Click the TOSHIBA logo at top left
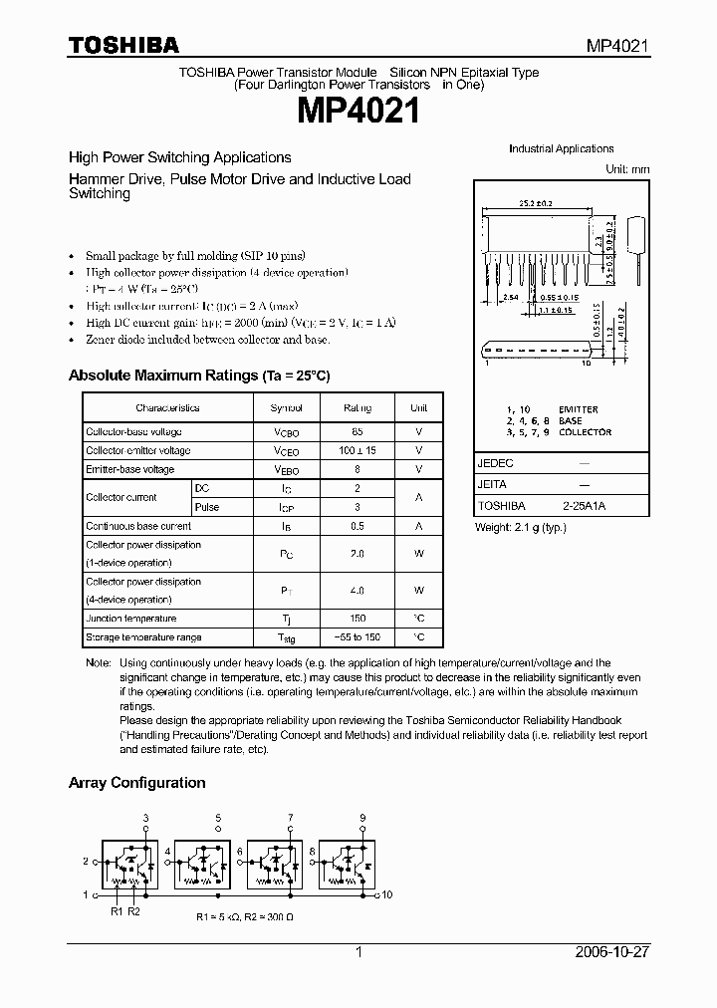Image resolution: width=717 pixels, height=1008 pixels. pyautogui.click(x=123, y=45)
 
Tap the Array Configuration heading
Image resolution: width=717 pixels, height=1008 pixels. pyautogui.click(x=136, y=783)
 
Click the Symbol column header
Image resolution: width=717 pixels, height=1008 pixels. pyautogui.click(x=286, y=408)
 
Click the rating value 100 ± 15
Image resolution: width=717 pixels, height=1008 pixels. pyautogui.click(x=357, y=451)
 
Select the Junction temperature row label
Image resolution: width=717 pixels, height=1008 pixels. pyautogui.click(x=130, y=619)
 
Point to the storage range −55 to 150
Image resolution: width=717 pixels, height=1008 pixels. pyautogui.click(x=357, y=637)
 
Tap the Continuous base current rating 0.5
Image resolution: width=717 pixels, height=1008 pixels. pyautogui.click(x=357, y=526)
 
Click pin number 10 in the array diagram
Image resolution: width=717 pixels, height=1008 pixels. pyautogui.click(x=386, y=894)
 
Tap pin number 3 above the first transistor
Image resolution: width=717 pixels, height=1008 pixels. pyautogui.click(x=146, y=818)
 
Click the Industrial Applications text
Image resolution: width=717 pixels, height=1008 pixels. pyautogui.click(x=561, y=148)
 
